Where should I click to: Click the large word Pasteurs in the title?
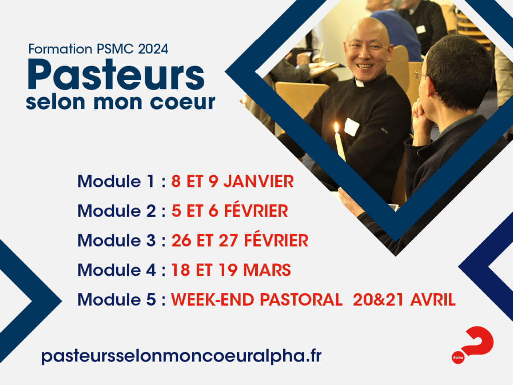tap(116, 75)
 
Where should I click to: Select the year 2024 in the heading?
tap(153, 49)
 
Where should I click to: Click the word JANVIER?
tap(259, 181)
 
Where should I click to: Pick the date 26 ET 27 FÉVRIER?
tap(240, 240)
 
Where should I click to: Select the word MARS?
tap(267, 270)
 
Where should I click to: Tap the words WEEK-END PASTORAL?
tap(256, 300)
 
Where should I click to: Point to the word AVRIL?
tap(433, 300)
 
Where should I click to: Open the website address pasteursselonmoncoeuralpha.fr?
tap(181, 355)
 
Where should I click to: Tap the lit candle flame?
tap(336, 127)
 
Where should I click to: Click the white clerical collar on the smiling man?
tap(360, 84)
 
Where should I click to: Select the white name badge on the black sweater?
tap(351, 127)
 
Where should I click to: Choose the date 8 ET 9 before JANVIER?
tap(195, 181)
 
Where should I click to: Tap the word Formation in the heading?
tap(60, 49)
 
